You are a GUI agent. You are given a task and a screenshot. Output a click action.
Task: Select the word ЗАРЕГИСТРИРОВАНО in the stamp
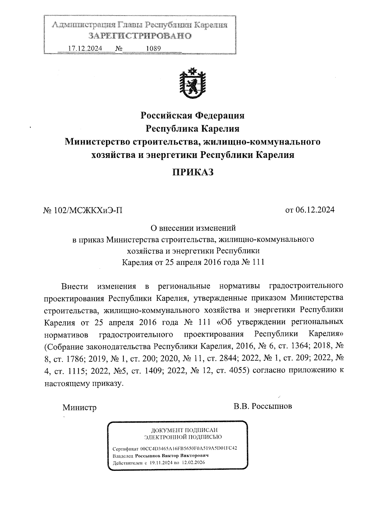[140, 36]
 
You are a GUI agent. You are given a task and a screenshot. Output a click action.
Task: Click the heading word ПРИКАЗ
[192, 172]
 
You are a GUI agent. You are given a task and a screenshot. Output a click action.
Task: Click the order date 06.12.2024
[315, 210]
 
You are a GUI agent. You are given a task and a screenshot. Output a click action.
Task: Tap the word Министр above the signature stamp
[79, 408]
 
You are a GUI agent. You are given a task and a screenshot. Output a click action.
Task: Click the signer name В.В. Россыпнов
[263, 406]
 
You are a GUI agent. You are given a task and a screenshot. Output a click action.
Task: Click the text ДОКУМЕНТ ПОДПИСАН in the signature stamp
[184, 430]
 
